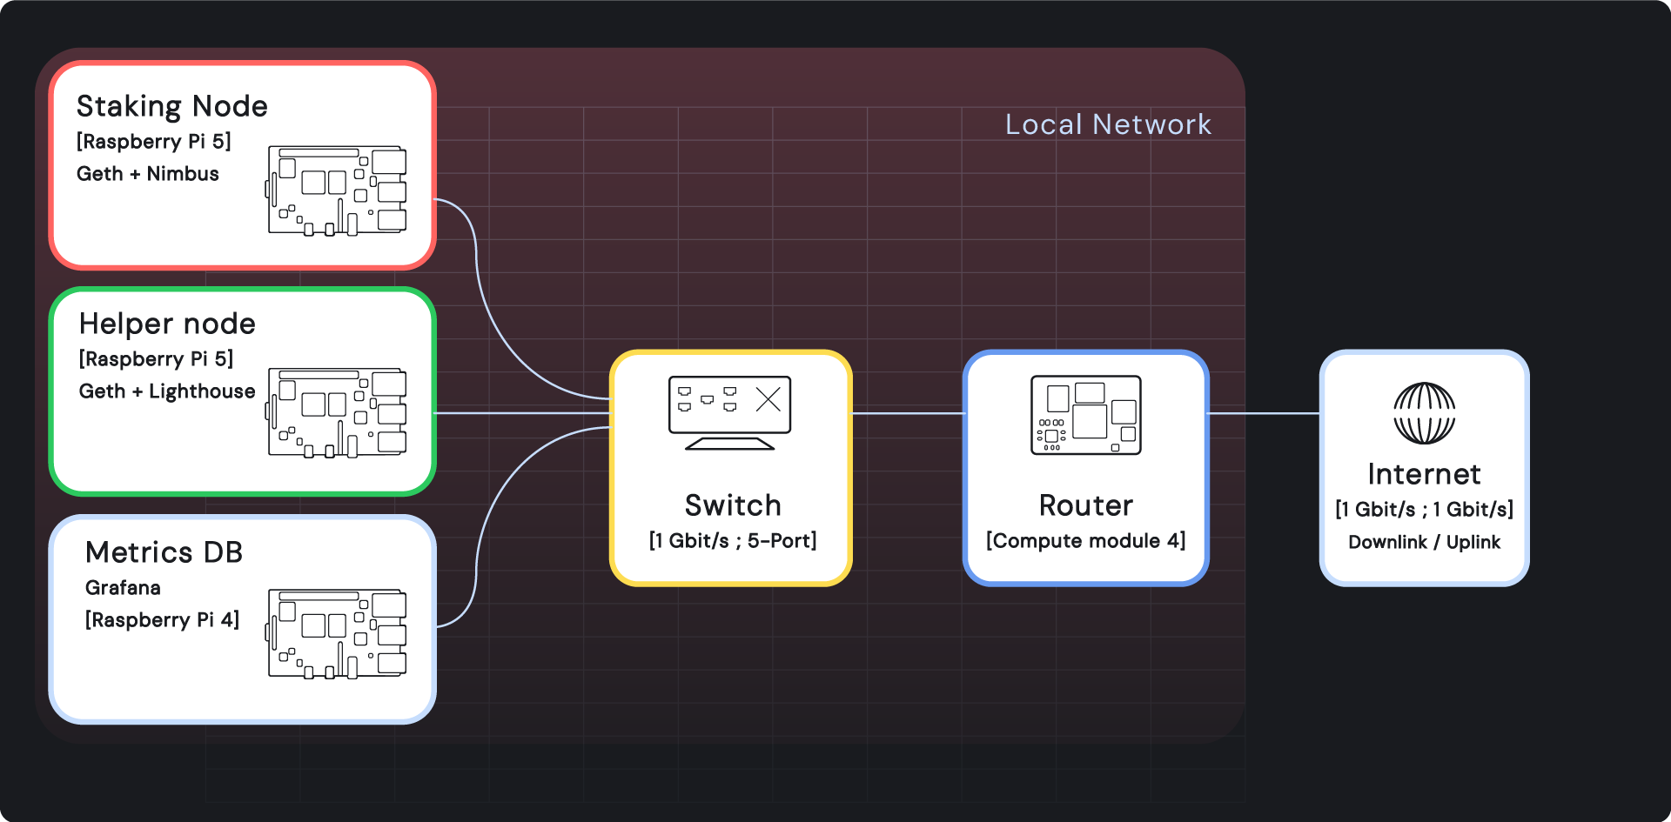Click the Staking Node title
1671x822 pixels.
click(171, 106)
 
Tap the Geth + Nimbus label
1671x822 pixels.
click(147, 174)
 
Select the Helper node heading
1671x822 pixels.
click(167, 324)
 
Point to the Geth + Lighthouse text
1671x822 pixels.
click(167, 391)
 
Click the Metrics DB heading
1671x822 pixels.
click(164, 552)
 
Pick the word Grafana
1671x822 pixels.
click(123, 588)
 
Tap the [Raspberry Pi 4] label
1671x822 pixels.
click(162, 620)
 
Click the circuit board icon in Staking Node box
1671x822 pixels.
click(337, 190)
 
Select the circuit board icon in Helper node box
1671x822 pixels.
click(337, 412)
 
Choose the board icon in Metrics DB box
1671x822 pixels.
click(337, 634)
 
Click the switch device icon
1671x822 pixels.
click(729, 412)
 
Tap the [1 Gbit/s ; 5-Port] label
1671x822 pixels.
click(732, 541)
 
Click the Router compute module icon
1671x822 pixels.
click(1085, 415)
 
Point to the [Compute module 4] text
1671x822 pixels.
click(1085, 541)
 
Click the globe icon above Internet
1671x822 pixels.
click(1424, 413)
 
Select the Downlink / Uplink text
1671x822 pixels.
click(1424, 543)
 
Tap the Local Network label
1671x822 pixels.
click(1107, 124)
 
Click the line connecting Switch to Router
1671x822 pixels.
click(908, 413)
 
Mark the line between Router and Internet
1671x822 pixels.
click(1264, 413)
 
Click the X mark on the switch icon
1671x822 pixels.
click(768, 400)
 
